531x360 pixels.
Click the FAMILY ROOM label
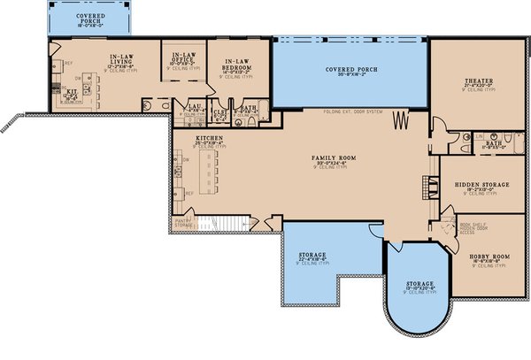pyautogui.click(x=327, y=157)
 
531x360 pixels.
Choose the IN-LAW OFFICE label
pyautogui.click(x=187, y=58)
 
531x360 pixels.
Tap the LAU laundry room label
pyautogui.click(x=194, y=109)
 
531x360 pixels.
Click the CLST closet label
pyautogui.click(x=219, y=111)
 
